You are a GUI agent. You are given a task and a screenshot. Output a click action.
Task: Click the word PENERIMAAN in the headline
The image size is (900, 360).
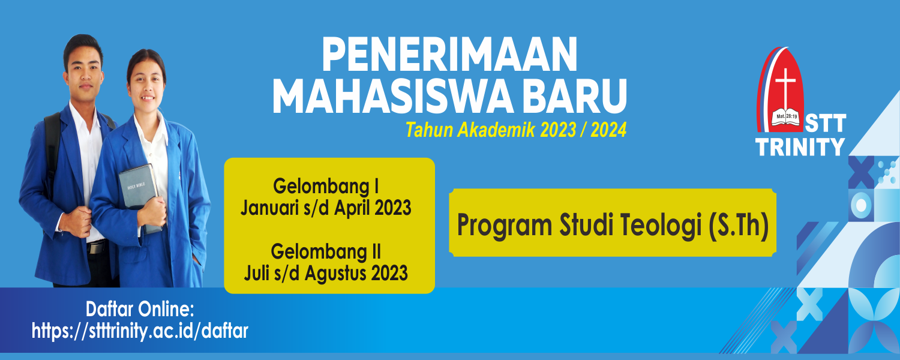click(x=449, y=55)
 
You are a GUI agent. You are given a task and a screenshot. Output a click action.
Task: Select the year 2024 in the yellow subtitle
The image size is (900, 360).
click(x=608, y=130)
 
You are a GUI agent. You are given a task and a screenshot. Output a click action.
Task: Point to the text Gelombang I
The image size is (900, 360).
click(x=326, y=186)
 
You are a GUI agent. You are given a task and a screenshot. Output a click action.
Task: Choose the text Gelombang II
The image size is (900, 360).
click(x=326, y=251)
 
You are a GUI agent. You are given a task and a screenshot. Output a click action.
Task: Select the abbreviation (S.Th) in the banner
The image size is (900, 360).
click(x=739, y=225)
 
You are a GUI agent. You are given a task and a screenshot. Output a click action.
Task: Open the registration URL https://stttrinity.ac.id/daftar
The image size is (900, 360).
click(x=140, y=331)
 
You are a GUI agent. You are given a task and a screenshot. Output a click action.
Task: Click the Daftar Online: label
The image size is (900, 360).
click(x=140, y=310)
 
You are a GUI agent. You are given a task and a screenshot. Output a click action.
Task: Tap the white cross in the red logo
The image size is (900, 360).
click(x=785, y=88)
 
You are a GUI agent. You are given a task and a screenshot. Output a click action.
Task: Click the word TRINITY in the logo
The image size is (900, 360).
click(x=800, y=146)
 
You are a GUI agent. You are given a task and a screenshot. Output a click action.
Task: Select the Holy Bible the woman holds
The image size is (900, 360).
click(x=139, y=197)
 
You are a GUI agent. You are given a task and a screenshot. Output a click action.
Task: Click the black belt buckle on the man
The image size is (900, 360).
click(x=97, y=247)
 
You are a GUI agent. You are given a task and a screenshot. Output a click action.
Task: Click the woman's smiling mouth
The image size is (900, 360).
click(x=147, y=98)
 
